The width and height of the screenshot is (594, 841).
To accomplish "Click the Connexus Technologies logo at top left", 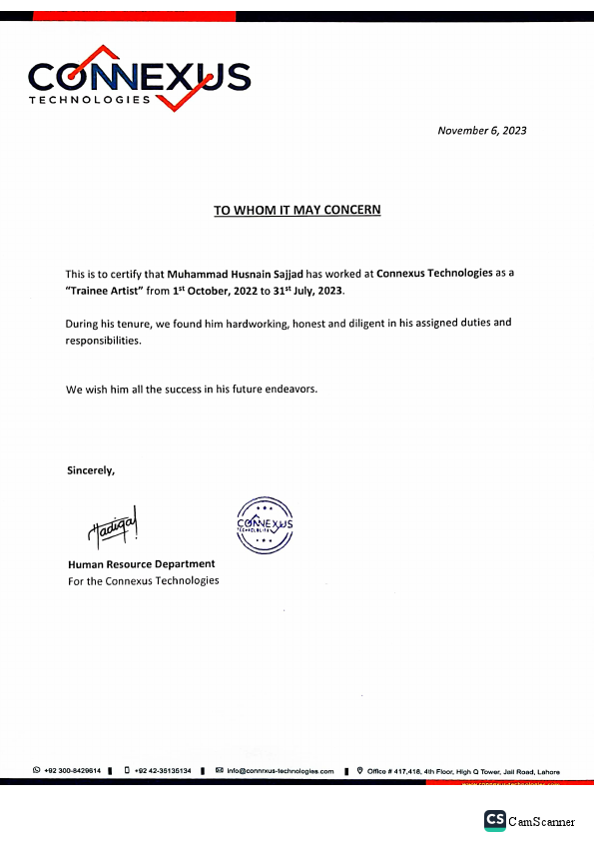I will click(x=140, y=78).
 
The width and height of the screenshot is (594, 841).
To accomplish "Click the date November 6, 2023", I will click(x=481, y=131).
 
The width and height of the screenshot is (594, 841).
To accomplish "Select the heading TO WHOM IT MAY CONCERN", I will click(x=297, y=210).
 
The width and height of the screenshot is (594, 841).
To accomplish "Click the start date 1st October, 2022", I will click(x=223, y=291).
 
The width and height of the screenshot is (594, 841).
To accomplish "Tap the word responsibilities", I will click(x=104, y=341).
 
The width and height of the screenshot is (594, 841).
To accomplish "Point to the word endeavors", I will click(x=285, y=389).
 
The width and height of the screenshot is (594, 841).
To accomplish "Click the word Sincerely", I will click(x=91, y=469).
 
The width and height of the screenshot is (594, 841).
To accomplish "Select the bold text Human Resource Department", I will click(x=141, y=564).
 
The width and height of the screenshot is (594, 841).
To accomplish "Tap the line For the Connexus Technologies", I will click(x=143, y=580).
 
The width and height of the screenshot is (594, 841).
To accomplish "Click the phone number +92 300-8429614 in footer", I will click(x=71, y=771).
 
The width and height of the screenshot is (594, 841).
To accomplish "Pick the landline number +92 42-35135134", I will click(x=163, y=771).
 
